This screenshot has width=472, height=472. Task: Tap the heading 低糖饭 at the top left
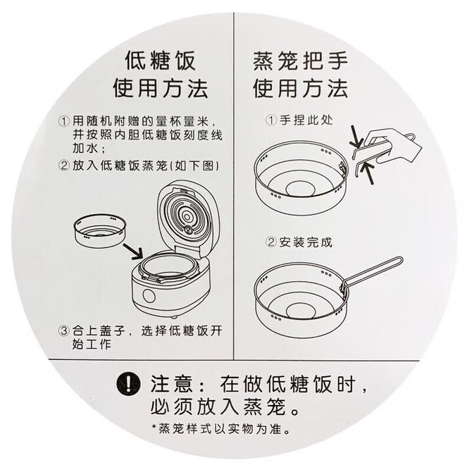[x=160, y=61]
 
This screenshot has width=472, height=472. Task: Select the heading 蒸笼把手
[x=300, y=61]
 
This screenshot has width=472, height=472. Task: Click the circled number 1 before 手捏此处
[x=271, y=120]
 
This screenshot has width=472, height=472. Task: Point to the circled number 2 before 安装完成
[x=271, y=242]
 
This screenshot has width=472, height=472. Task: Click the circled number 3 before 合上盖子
[x=63, y=331]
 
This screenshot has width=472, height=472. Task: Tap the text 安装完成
[x=306, y=242]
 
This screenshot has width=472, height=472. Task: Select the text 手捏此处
[x=306, y=120]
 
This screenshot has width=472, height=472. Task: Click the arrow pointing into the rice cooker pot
[x=132, y=251]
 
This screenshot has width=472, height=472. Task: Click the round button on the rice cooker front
[x=149, y=297]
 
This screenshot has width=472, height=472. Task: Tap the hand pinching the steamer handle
[x=391, y=145]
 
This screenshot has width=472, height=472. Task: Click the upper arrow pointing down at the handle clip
[x=357, y=137]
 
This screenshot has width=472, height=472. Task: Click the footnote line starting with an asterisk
[x=221, y=429]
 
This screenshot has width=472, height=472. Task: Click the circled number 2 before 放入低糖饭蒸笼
[x=63, y=166]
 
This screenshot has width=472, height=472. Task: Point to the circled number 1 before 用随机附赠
[x=63, y=122]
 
